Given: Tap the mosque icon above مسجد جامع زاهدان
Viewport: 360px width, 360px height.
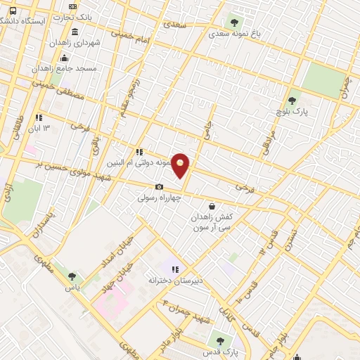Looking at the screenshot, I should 65,58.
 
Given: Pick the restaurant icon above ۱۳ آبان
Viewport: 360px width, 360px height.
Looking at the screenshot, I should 38,117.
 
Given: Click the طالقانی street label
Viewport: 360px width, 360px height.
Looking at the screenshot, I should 16,127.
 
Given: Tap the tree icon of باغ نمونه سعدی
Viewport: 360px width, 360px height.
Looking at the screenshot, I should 234,22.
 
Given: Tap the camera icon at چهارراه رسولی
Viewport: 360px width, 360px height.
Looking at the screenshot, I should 159,186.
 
